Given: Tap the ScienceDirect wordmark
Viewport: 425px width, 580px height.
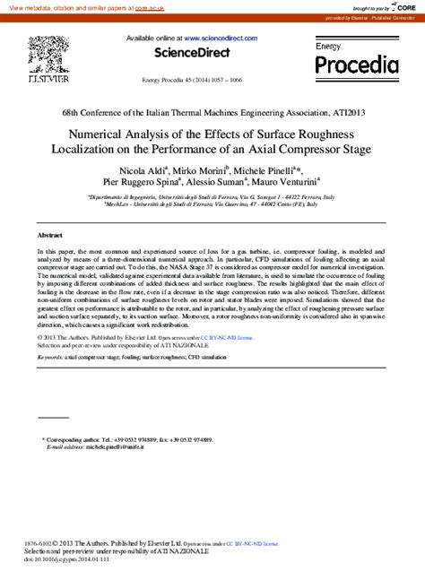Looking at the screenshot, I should coord(192,53).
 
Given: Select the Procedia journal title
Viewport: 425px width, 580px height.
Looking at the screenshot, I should coord(355,65).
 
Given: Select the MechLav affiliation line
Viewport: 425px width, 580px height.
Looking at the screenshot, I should coord(212,203).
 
